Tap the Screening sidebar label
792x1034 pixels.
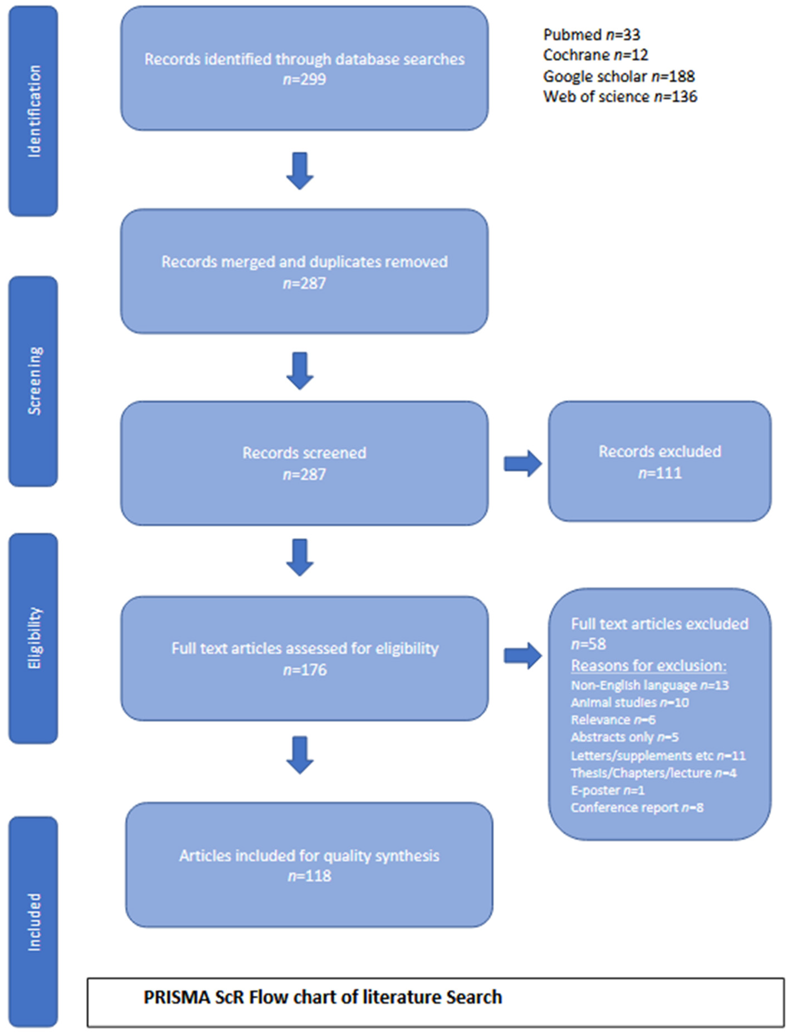(34, 381)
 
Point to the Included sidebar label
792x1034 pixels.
(34, 922)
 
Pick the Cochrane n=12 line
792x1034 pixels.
(596, 55)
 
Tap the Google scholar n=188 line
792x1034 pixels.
(619, 76)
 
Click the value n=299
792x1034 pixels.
(304, 79)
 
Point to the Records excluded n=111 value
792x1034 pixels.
(660, 473)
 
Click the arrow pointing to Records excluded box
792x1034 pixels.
(522, 464)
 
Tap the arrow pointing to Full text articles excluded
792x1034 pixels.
(522, 656)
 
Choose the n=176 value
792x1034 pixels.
(304, 670)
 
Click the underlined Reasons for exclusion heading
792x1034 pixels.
(648, 666)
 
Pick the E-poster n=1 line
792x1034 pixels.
(607, 790)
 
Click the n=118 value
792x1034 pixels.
(309, 876)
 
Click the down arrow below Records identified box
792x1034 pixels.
(300, 171)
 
